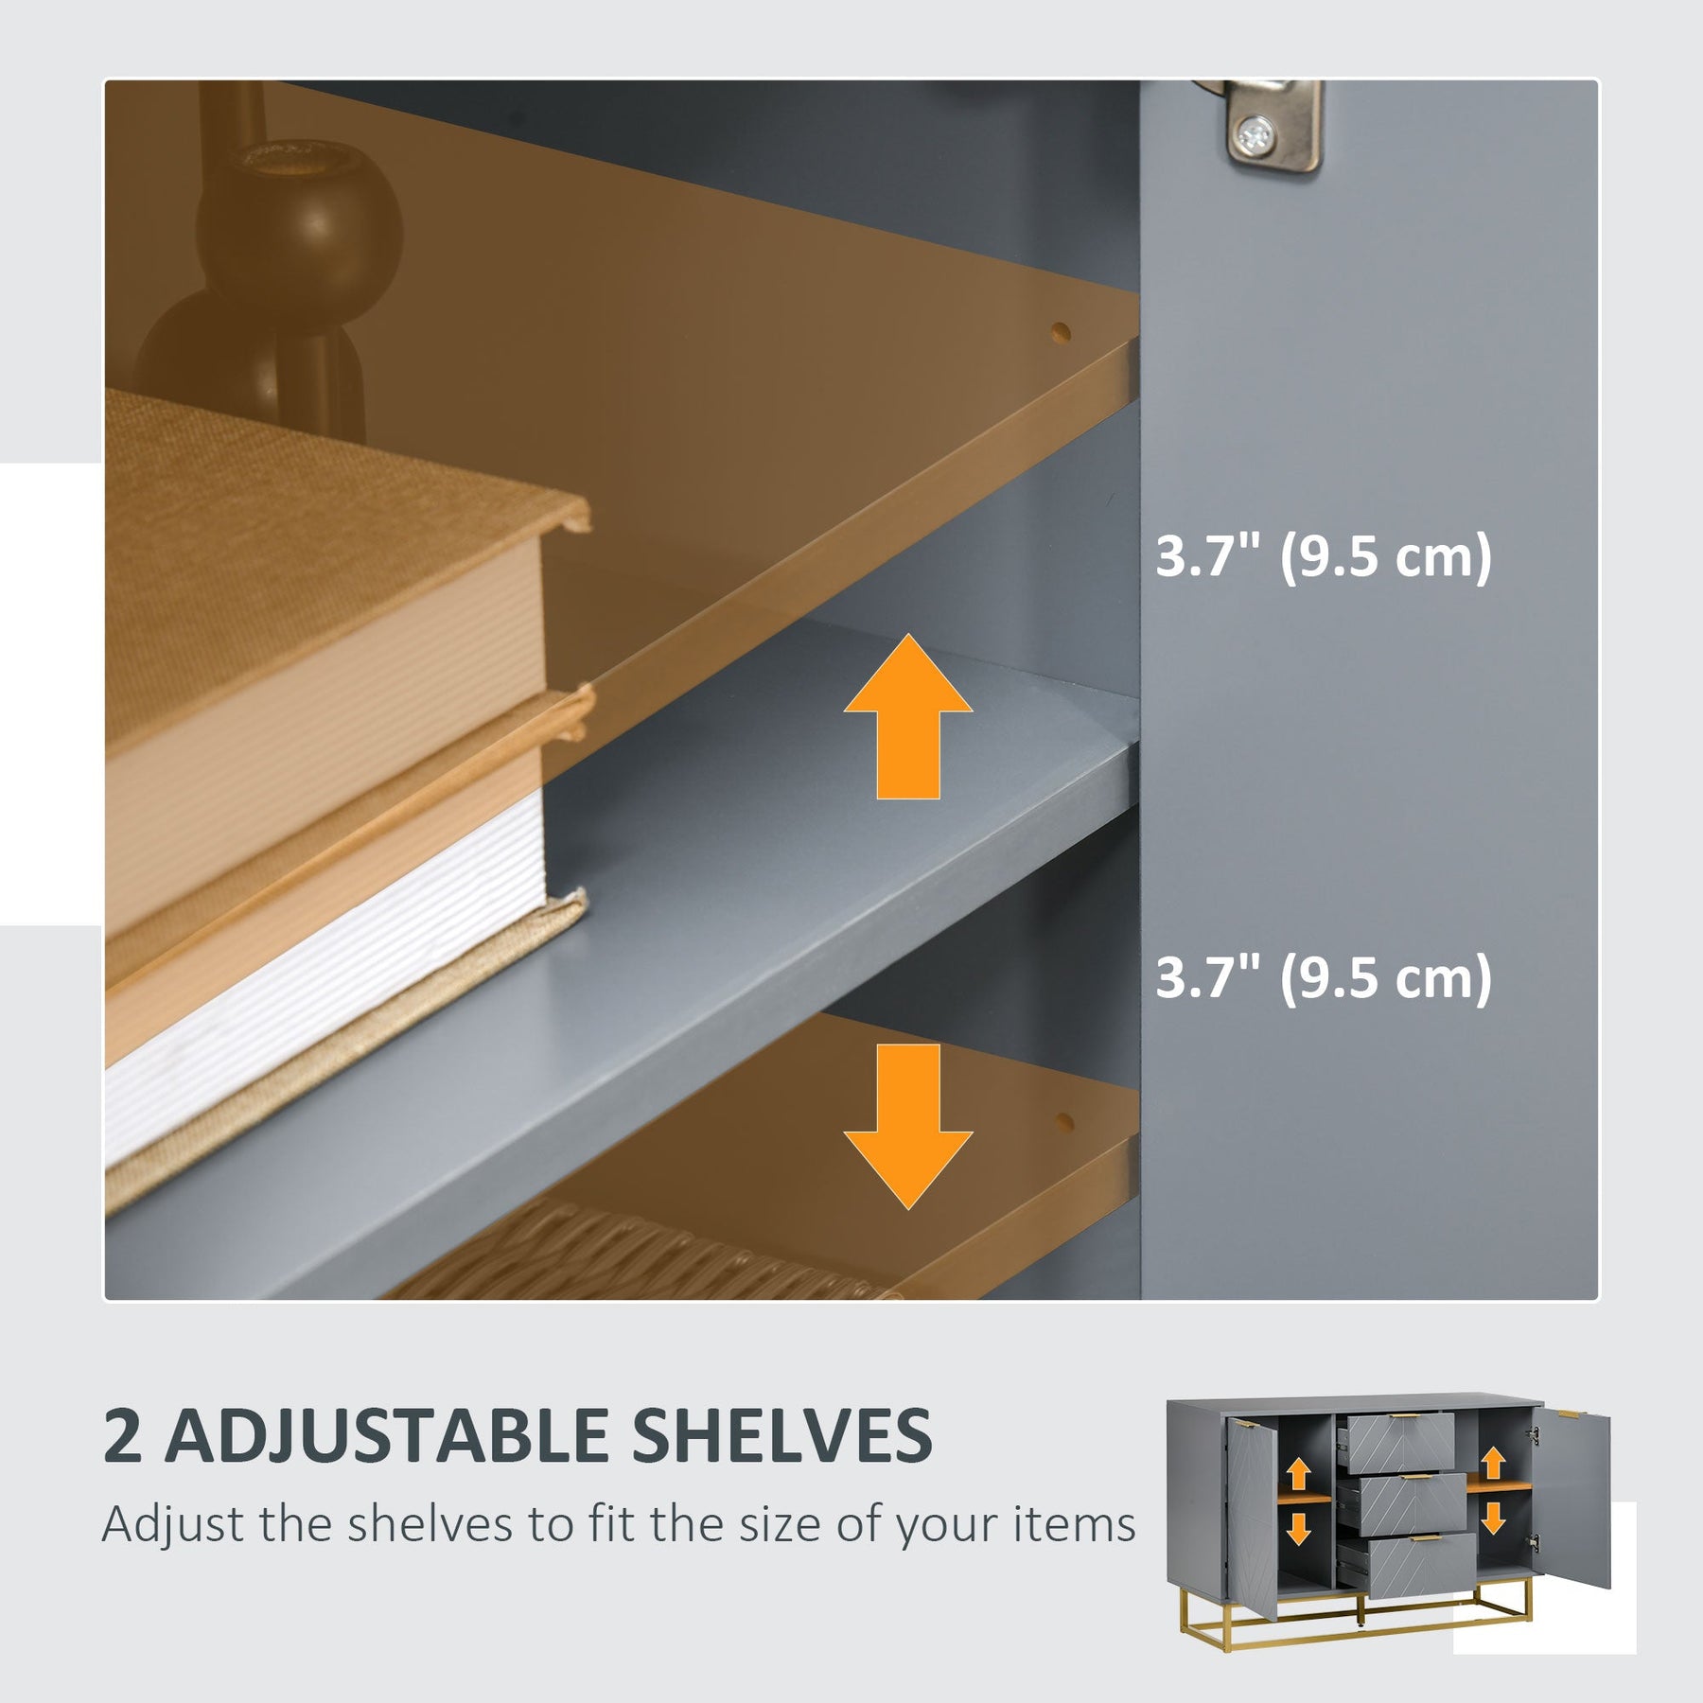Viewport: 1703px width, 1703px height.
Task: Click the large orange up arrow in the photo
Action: (x=908, y=716)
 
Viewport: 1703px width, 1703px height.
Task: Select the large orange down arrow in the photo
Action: (x=908, y=1127)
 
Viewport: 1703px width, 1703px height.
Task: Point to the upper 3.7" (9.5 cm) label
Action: (x=1324, y=556)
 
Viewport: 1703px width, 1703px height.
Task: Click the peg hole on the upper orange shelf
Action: (x=1061, y=332)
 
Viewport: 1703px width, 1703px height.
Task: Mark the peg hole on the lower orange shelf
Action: (x=1063, y=1122)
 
